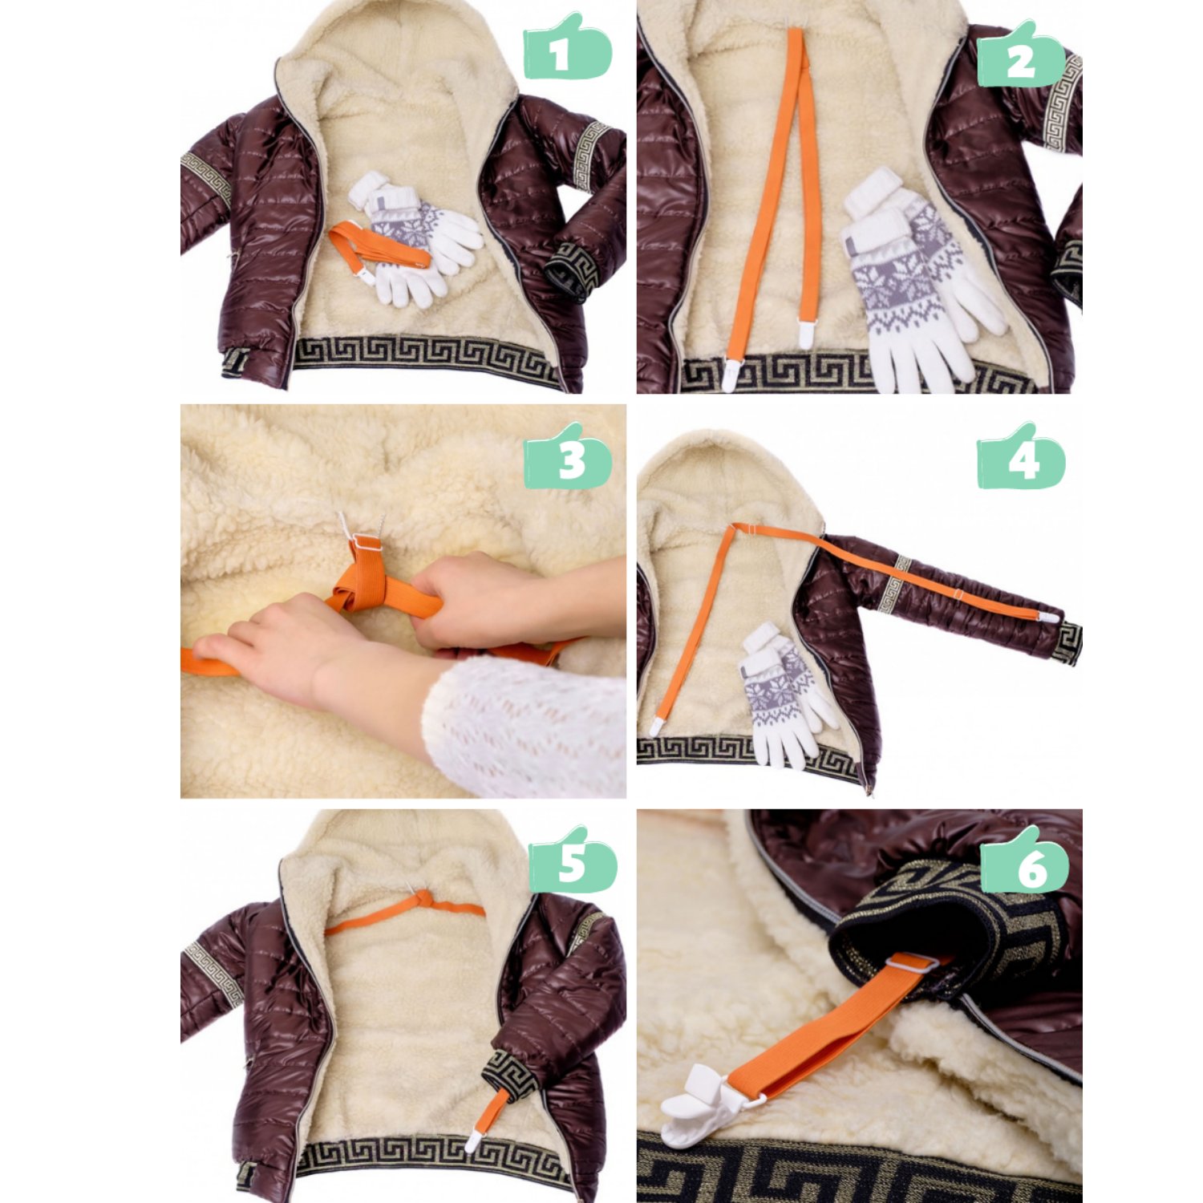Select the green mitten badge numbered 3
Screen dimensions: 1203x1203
[x=568, y=456]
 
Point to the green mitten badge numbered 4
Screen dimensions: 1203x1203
[x=1021, y=456]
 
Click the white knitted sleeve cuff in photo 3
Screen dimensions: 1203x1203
[x=521, y=726]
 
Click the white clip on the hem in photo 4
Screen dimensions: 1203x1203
[x=656, y=727]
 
